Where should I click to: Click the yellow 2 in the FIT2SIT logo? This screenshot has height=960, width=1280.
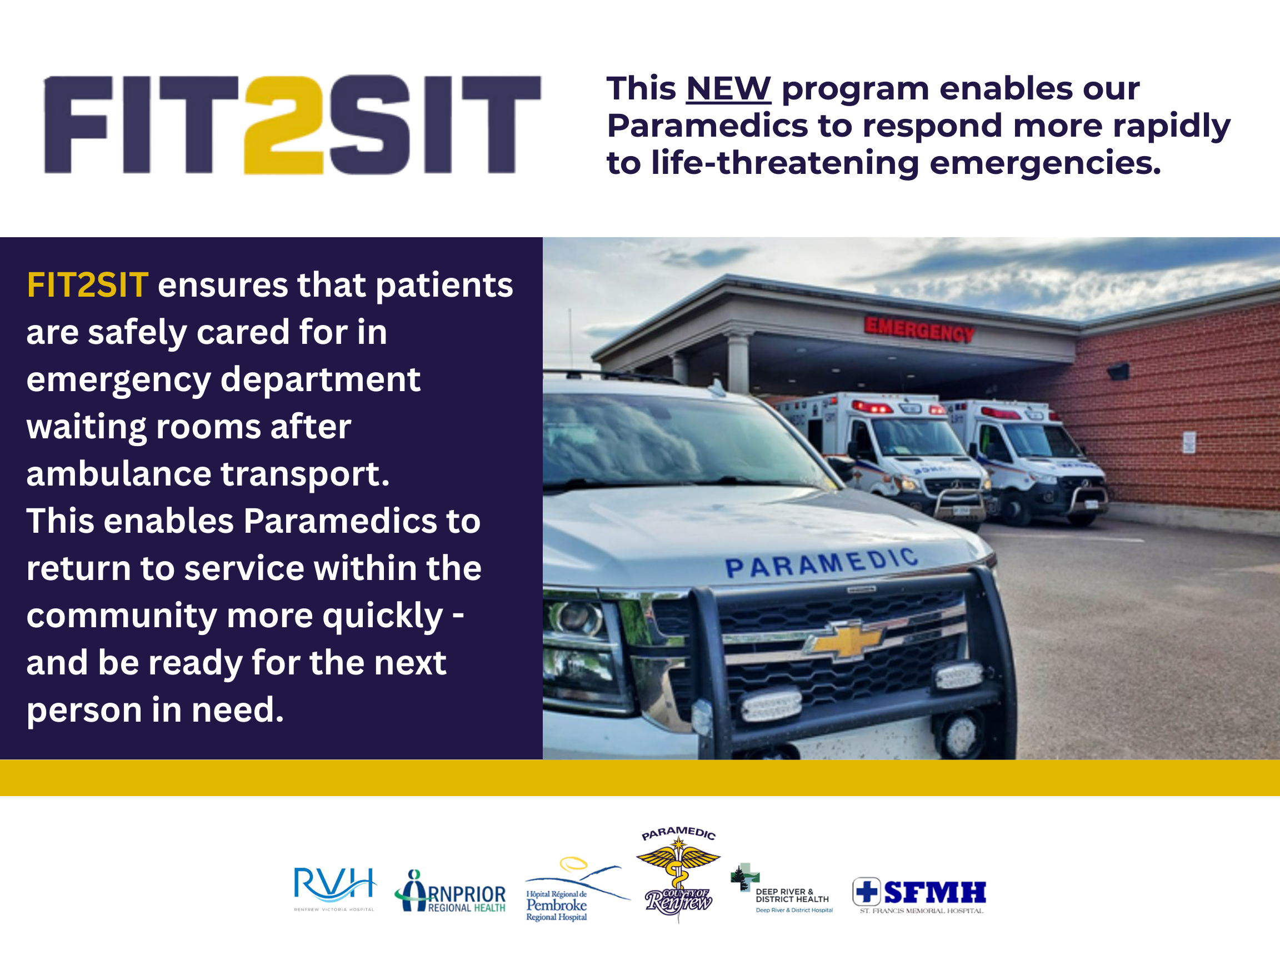(x=283, y=124)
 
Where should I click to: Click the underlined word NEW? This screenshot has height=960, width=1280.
(x=728, y=88)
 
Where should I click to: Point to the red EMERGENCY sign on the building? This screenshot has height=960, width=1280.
(x=919, y=329)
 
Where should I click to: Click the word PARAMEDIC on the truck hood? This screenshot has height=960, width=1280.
(x=821, y=563)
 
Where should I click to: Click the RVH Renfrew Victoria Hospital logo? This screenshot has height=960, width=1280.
(x=334, y=889)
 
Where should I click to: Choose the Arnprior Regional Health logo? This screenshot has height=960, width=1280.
(x=450, y=892)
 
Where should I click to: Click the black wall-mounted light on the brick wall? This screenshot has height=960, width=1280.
(x=1118, y=371)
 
